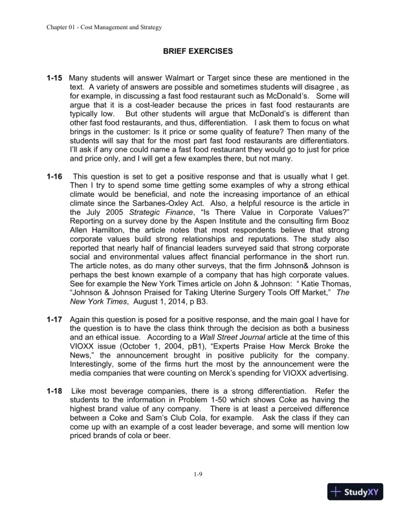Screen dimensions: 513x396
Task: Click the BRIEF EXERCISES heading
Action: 198,50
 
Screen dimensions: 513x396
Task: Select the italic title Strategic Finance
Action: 142,212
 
